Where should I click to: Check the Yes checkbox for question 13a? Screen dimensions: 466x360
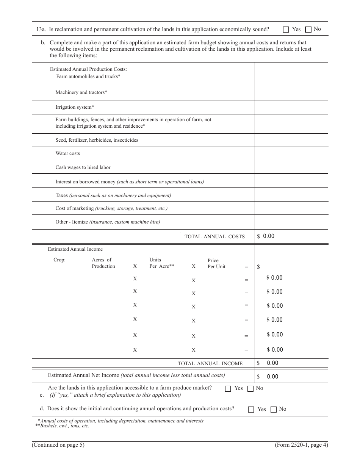[x=286, y=30]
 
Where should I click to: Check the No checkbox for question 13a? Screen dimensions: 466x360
[x=308, y=30]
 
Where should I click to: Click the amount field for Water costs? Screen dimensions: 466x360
[x=291, y=153]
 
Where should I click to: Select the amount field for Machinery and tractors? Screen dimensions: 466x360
[x=291, y=92]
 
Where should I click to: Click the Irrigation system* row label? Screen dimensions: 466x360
[x=75, y=107]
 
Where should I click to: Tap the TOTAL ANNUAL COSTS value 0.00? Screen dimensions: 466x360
[x=268, y=236]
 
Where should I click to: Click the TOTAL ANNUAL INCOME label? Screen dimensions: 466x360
[x=210, y=363]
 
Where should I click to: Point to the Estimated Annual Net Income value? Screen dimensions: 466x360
[x=272, y=377]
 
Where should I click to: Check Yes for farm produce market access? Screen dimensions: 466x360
[x=228, y=388]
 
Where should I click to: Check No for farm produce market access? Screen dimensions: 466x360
[x=250, y=388]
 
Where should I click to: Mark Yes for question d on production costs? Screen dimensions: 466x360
[x=251, y=410]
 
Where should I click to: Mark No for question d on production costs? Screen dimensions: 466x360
[x=274, y=410]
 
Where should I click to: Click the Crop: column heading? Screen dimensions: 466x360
[x=59, y=260]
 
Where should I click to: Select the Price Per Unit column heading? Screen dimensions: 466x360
[x=216, y=263]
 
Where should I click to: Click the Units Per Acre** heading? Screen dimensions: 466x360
[x=162, y=263]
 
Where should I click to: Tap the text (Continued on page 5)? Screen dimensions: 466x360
[x=58, y=445]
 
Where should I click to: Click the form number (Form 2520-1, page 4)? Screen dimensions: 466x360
[x=301, y=445]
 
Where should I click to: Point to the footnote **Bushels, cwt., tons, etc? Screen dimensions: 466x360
[x=62, y=426]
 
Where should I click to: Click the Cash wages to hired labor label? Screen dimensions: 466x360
[x=83, y=167]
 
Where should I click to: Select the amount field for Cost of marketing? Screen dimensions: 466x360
[x=291, y=208]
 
